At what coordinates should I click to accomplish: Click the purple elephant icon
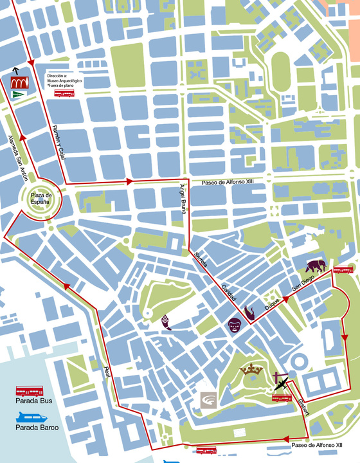click(316, 266)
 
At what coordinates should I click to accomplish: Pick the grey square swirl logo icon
click(209, 400)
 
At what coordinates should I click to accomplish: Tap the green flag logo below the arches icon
click(18, 95)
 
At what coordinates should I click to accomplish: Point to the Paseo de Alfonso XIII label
click(228, 182)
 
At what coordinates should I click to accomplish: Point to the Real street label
click(108, 376)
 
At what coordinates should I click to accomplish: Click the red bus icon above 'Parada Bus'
click(29, 391)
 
